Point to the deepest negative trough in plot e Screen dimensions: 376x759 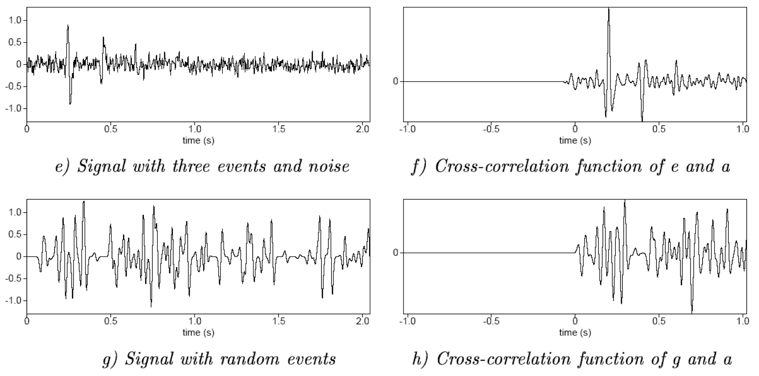pyautogui.click(x=70, y=103)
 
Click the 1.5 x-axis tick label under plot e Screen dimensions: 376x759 pyautogui.click(x=279, y=130)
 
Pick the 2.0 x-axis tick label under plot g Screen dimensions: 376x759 pyautogui.click(x=363, y=322)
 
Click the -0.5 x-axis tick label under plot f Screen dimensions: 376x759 pyautogui.click(x=491, y=130)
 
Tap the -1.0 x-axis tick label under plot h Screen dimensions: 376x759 pyautogui.click(x=408, y=322)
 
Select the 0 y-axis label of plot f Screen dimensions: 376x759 pyautogui.click(x=396, y=81)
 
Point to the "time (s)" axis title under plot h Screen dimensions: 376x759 pyautogui.click(x=575, y=332)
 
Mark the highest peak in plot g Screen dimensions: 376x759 pyautogui.click(x=84, y=202)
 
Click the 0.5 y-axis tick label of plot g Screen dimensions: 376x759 pyautogui.click(x=15, y=235)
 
